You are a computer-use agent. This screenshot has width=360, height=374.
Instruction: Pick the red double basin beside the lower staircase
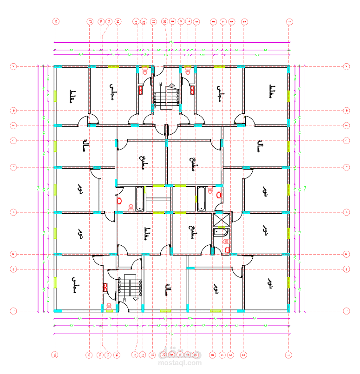105,287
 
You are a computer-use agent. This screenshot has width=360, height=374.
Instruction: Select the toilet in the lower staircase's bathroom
109,306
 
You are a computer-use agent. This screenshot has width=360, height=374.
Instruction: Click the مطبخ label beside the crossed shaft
191,231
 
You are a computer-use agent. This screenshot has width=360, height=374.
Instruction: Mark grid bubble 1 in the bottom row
289,355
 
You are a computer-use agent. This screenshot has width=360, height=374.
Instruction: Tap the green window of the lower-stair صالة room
165,310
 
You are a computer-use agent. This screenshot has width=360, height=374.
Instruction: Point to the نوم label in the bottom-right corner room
269,282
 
